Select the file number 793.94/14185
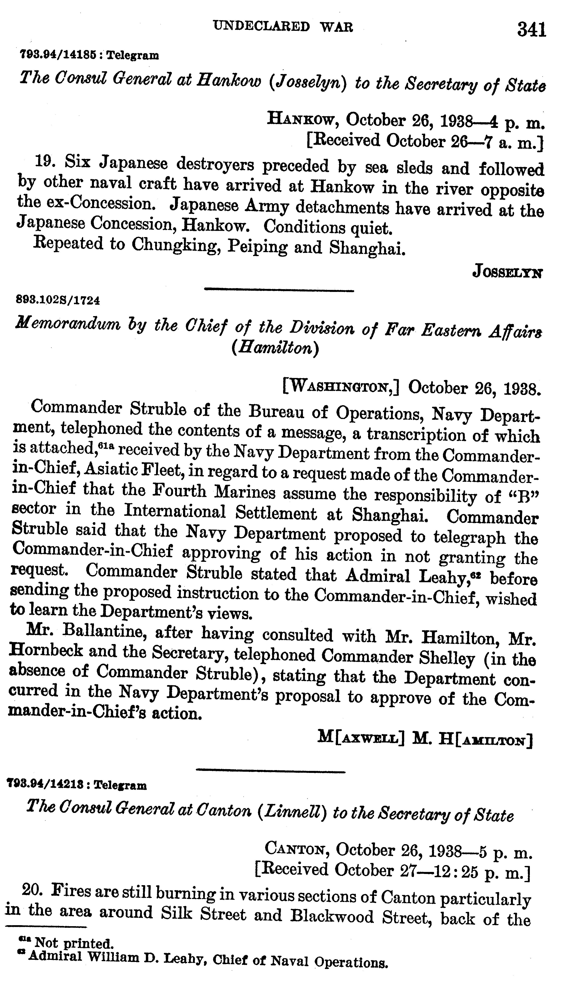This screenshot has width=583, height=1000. pos(57,55)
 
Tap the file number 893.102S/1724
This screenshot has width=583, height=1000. pos(58,300)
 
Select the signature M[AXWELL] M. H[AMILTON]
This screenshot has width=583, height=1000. pos(425,738)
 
